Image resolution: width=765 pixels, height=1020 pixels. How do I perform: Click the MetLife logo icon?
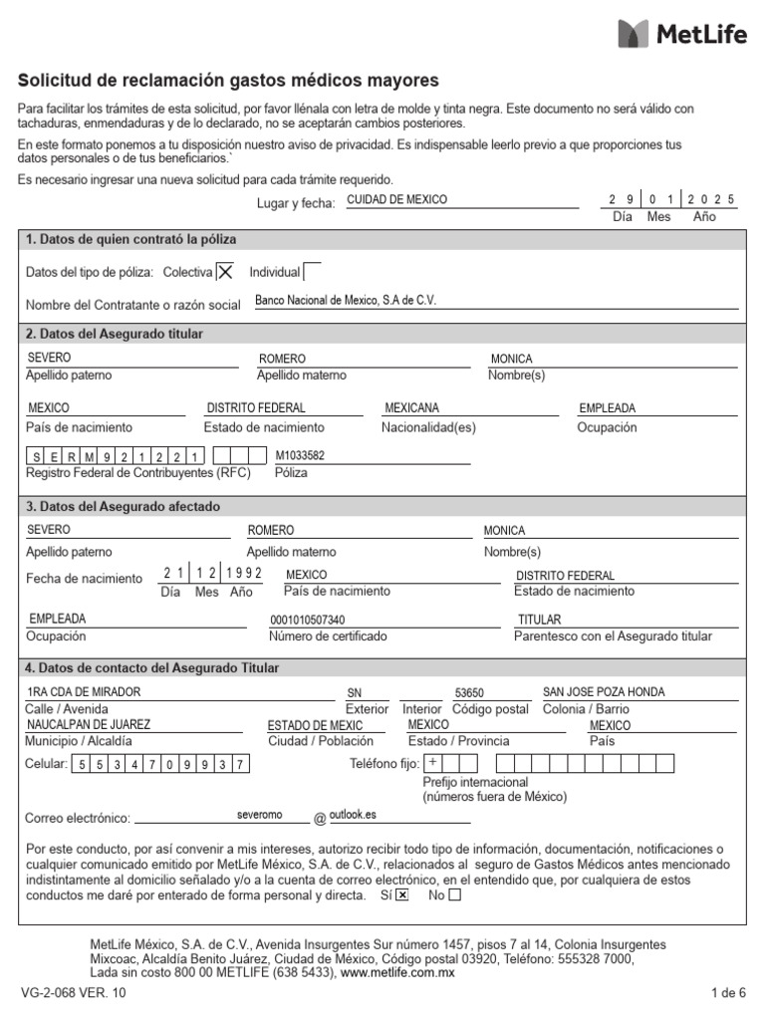pyautogui.click(x=633, y=33)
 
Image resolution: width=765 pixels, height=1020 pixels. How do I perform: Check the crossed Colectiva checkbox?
pyautogui.click(x=226, y=272)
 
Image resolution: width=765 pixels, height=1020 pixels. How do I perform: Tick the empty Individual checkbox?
pyautogui.click(x=312, y=272)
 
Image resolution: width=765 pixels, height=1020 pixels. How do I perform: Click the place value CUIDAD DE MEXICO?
pyautogui.click(x=396, y=199)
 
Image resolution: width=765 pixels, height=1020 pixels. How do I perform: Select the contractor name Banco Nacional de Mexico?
pyautogui.click(x=346, y=300)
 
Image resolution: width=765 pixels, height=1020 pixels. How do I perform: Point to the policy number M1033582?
pyautogui.click(x=300, y=456)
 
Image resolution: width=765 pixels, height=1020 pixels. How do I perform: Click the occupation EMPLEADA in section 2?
pyautogui.click(x=607, y=408)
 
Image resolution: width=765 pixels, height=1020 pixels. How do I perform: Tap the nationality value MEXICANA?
pyautogui.click(x=411, y=408)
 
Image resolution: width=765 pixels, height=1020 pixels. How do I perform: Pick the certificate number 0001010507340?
pyautogui.click(x=308, y=620)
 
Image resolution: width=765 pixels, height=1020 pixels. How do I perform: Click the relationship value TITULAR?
pyautogui.click(x=539, y=620)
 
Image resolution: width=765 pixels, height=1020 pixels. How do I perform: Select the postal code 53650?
pyautogui.click(x=468, y=693)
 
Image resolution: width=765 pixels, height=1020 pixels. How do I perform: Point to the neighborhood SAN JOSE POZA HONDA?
pyautogui.click(x=603, y=692)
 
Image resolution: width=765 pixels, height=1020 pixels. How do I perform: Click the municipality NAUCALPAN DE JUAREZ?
pyautogui.click(x=89, y=725)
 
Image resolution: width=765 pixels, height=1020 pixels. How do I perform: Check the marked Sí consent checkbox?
pyautogui.click(x=402, y=894)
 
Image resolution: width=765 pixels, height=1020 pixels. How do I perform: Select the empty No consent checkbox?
pyautogui.click(x=455, y=894)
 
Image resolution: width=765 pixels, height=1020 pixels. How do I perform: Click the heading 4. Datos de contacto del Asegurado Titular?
pyautogui.click(x=152, y=668)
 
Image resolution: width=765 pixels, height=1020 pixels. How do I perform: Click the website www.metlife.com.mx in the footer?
pyautogui.click(x=397, y=972)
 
